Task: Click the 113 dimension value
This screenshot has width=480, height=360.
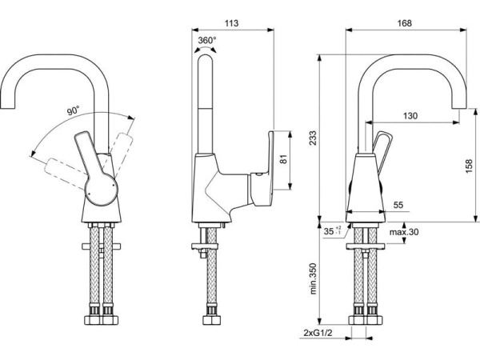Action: [232, 24]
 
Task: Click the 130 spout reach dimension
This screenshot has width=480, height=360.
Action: [410, 116]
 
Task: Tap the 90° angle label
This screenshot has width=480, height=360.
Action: [73, 111]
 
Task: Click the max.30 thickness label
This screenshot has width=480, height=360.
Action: [405, 232]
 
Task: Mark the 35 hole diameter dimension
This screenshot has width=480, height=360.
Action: [330, 232]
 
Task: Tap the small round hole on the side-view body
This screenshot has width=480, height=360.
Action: [260, 174]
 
